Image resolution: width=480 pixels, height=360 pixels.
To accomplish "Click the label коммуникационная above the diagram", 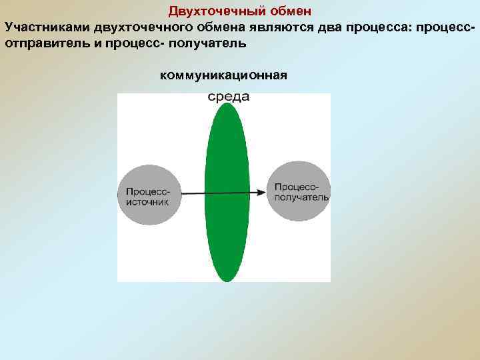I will coord(224,75).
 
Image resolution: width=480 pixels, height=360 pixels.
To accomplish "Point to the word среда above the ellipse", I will coord(229,97).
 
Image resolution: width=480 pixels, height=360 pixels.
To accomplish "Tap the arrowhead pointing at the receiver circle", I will coord(263,193).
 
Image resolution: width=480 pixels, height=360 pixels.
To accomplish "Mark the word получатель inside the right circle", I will coord(300,197).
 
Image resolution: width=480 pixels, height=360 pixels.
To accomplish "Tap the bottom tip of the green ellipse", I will coord(227,280).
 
